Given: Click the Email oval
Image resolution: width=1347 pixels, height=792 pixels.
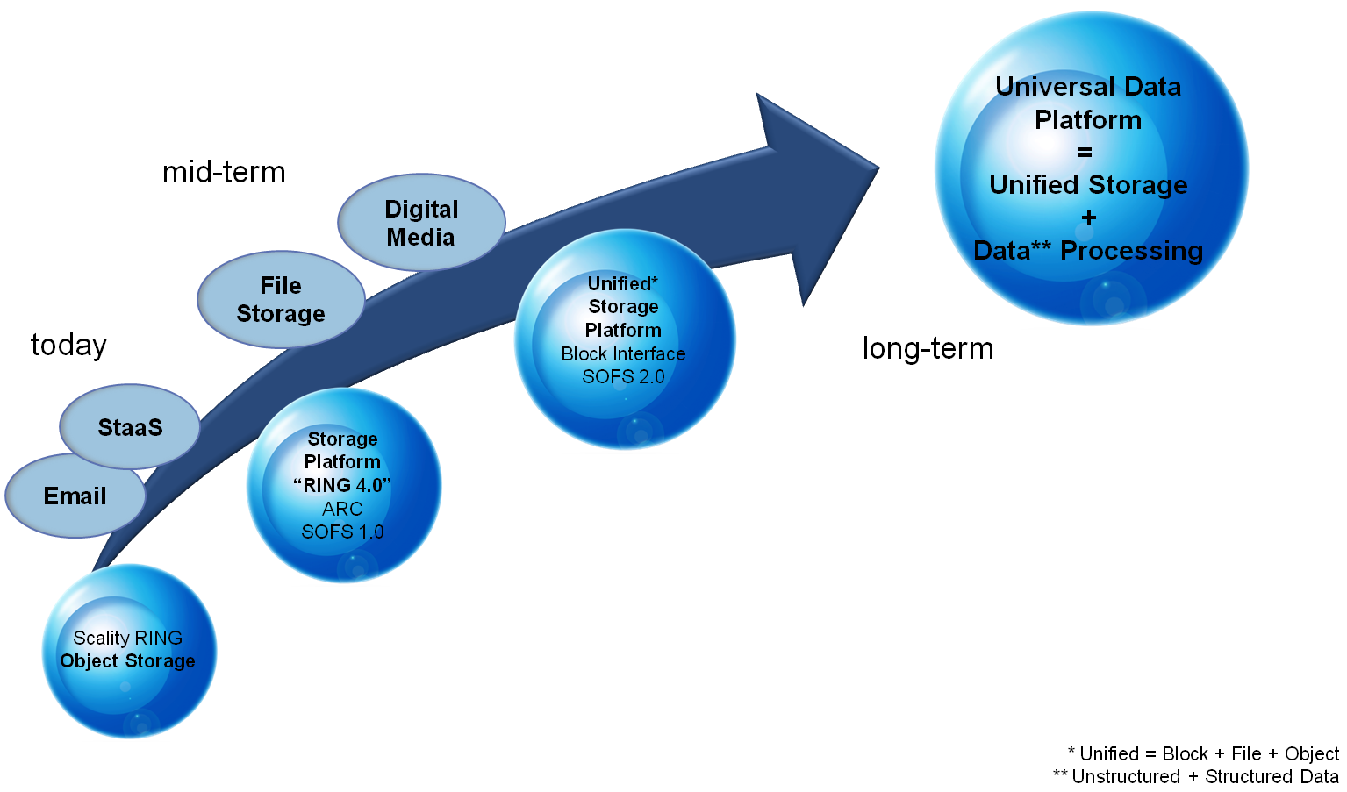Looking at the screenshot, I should pos(75,496).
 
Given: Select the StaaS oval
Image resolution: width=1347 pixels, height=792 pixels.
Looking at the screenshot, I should pos(130,428).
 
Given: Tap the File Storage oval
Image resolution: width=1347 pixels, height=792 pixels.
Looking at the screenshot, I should pos(281,300).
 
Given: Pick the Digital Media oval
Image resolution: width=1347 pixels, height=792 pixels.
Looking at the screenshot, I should pos(421,223).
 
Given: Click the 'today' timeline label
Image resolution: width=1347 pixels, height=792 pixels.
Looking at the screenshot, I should pos(68,345).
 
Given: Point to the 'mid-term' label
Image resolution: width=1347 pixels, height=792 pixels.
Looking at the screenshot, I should pos(224,172).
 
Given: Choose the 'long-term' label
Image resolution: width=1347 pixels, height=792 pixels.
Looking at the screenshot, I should pos(928,348).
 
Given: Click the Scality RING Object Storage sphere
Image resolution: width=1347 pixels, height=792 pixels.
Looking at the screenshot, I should pos(129,650).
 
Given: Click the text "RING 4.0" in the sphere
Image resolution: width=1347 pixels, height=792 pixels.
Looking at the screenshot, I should pos(342,485).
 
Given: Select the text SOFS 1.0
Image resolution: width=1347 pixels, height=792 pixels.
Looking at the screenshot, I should pos(342,532).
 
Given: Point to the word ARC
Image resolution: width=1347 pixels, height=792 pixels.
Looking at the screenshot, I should pos(342,509).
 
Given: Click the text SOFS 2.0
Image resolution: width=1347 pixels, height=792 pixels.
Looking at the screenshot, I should pos(623,376).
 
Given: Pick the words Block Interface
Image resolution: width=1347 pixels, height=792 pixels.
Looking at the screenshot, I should pos(623,353).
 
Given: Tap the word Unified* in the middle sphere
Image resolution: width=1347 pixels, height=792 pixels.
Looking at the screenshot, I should pos(622,283).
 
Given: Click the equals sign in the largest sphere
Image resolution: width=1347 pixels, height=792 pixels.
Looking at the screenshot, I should pos(1085,153).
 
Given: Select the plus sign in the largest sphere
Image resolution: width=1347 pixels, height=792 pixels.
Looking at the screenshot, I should pos(1089,218).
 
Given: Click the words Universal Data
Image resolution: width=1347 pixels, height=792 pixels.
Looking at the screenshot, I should pos(1088,87).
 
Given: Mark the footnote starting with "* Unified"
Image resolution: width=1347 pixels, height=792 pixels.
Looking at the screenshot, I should pos(1203,753).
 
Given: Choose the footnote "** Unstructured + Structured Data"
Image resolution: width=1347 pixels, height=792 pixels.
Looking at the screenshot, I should pos(1195,776).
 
